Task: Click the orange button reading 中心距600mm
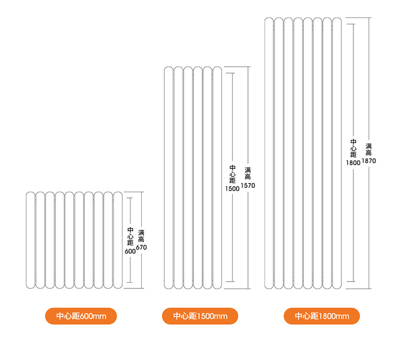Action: [x=81, y=316]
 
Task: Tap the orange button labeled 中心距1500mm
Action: [x=200, y=316]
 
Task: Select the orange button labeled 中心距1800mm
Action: [x=322, y=316]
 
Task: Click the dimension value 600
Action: [x=130, y=251]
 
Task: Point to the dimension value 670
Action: [x=142, y=247]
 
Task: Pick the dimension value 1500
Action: [x=232, y=189]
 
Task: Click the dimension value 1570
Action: [x=248, y=185]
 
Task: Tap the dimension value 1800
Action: [x=353, y=163]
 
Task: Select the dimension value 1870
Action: [x=369, y=161]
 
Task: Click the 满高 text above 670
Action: [x=141, y=236]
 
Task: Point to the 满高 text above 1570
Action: [x=248, y=174]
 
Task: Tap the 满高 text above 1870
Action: [x=369, y=149]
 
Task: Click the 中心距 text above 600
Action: [x=130, y=236]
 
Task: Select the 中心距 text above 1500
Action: [x=232, y=174]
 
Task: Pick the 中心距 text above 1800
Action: [x=353, y=148]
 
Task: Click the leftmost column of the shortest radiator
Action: [x=31, y=240]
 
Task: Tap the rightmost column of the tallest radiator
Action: [x=337, y=153]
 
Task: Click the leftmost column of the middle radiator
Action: [x=169, y=178]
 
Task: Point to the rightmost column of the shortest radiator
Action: [x=118, y=240]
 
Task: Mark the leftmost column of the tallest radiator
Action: [x=269, y=153]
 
